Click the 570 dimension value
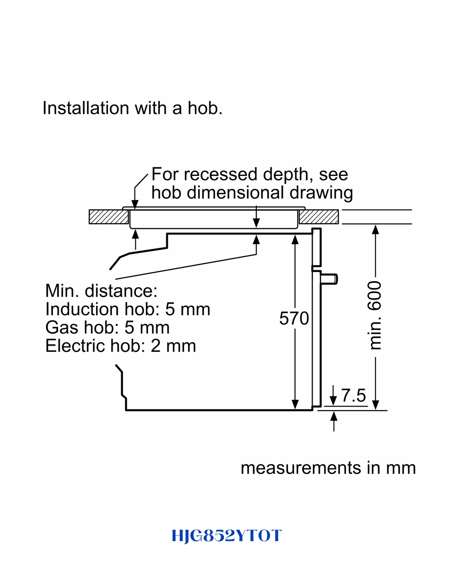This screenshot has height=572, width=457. click(294, 318)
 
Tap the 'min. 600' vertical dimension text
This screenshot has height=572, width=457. click(375, 315)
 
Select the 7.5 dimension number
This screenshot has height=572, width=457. click(354, 395)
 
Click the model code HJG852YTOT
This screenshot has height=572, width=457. click(227, 535)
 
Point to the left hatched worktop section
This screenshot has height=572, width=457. click(108, 217)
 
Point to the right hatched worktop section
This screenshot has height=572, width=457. click(319, 217)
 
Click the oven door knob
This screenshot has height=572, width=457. click(329, 279)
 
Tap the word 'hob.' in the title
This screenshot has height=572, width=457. click(205, 108)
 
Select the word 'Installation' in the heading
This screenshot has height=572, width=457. click(86, 108)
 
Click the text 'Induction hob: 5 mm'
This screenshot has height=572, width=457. click(128, 309)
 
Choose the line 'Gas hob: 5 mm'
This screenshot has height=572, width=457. click(107, 327)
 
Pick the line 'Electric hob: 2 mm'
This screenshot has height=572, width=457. click(120, 346)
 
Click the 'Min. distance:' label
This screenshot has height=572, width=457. click(101, 291)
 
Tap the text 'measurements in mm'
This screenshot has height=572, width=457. click(328, 468)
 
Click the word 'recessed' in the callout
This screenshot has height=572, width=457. click(221, 174)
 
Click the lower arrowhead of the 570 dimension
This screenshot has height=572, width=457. click(295, 404)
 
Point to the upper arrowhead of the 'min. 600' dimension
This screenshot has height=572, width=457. click(375, 229)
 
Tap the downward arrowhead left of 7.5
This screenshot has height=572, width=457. click(333, 401)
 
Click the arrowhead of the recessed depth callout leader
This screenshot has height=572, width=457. click(135, 205)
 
